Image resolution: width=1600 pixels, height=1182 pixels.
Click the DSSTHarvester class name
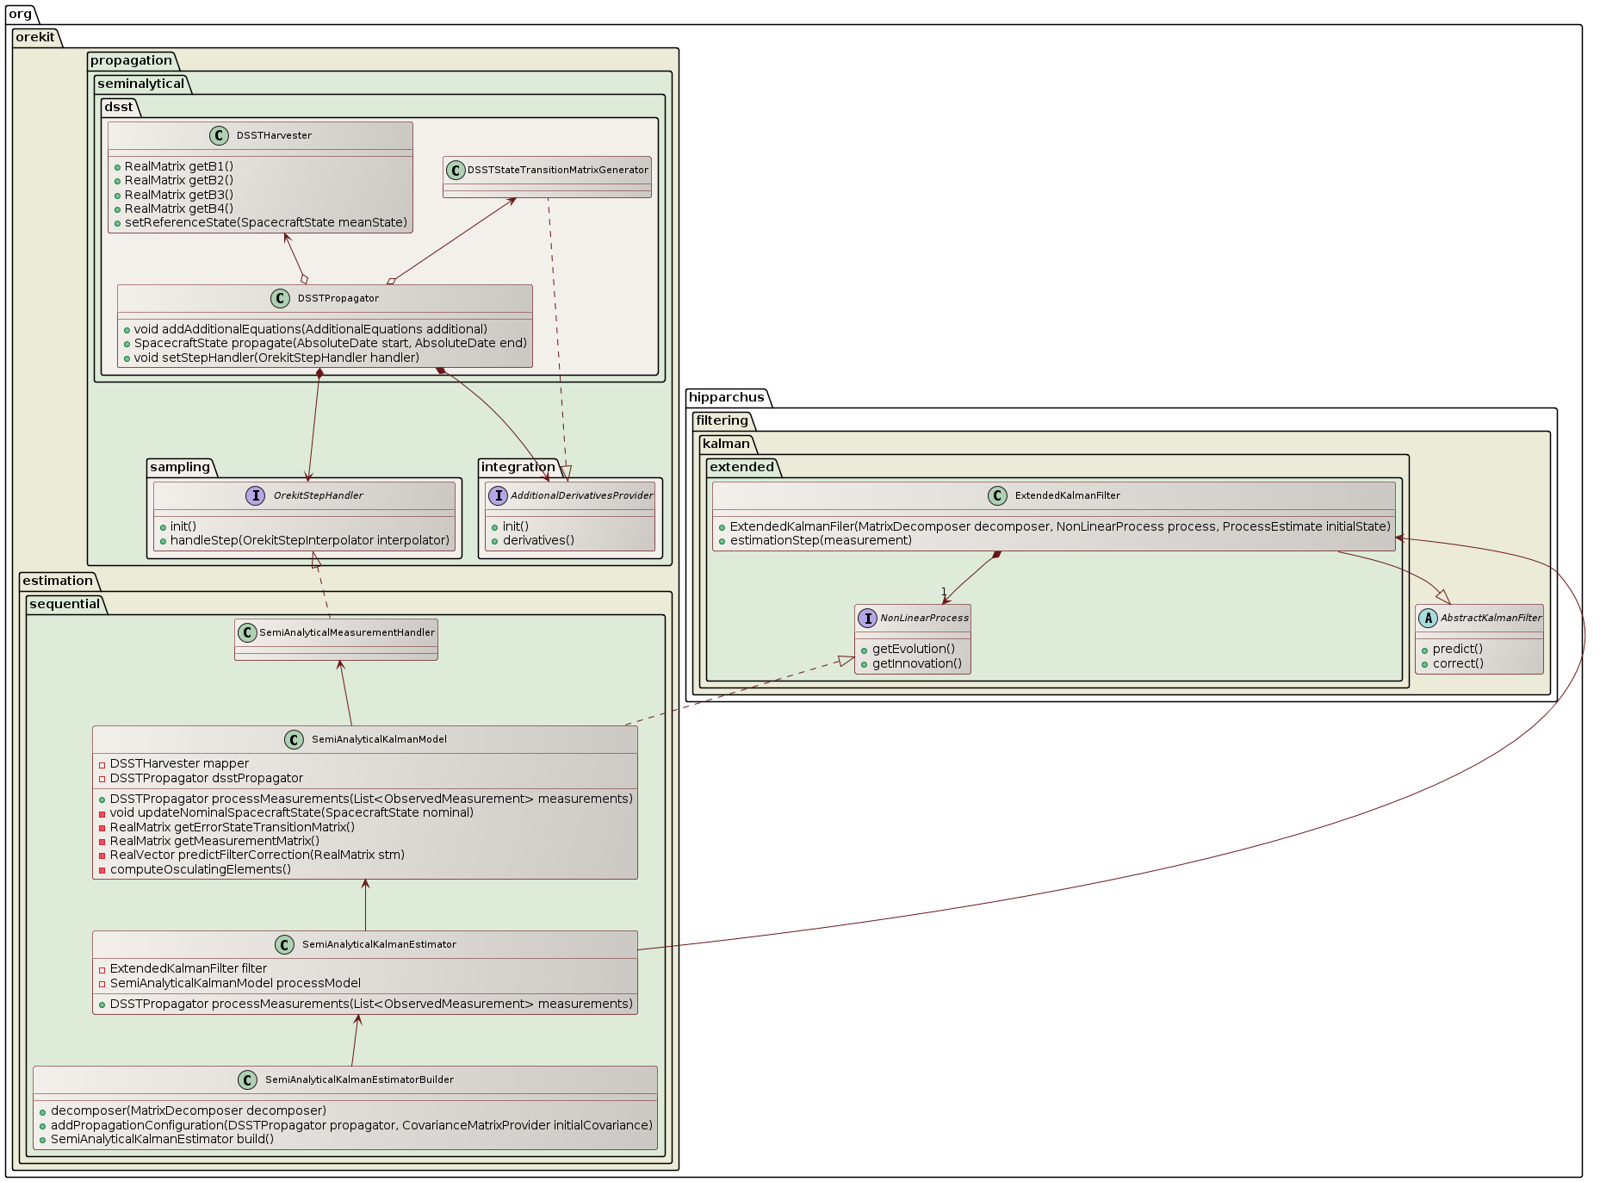pos(274,135)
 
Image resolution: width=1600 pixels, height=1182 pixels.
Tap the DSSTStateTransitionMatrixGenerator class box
pos(547,177)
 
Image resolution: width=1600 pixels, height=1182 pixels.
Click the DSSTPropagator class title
pos(338,298)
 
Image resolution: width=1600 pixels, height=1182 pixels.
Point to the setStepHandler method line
pos(276,358)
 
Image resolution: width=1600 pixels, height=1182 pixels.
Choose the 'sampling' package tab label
pos(179,467)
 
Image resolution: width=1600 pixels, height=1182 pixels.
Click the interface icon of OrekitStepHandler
pos(256,495)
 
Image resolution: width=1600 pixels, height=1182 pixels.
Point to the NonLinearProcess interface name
pos(924,618)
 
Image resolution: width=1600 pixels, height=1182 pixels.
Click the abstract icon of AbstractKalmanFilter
pos(1428,618)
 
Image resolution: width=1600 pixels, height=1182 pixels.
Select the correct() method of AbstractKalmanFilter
pos(1458,663)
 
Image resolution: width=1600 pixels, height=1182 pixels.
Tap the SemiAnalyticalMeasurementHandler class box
pos(336,639)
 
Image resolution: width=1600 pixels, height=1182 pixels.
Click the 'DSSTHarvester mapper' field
pos(179,763)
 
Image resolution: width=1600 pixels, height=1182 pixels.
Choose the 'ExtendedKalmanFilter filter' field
pos(188,968)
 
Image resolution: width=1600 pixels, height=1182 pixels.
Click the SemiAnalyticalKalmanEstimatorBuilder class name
pos(359,1079)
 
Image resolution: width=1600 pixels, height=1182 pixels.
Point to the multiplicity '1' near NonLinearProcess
pos(944,592)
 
